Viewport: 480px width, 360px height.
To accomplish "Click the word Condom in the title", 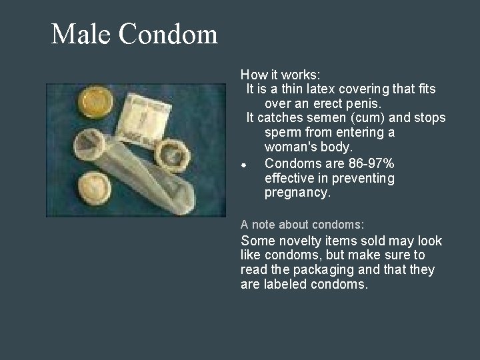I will click(x=170, y=34).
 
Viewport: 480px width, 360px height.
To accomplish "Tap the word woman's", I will click(x=290, y=147).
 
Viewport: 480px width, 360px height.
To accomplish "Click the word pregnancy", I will click(x=297, y=193).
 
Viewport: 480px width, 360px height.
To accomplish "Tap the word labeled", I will click(x=282, y=285).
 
